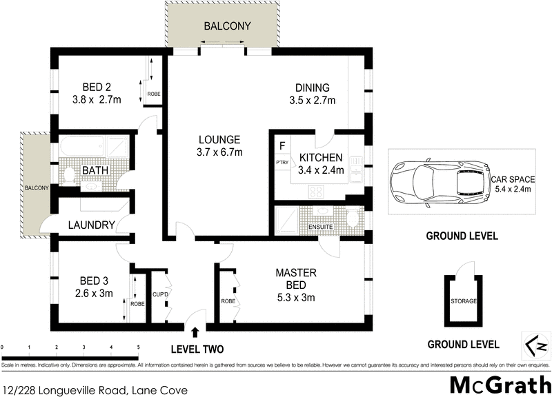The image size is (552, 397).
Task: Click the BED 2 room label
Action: coord(97,88)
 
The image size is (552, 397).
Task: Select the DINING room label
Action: coord(313,88)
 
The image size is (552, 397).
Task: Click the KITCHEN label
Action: coord(321,158)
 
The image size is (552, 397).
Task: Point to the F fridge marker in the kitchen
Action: coord(282,145)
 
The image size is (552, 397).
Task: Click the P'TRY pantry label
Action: coord(281,163)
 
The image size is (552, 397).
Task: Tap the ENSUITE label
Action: coord(321,226)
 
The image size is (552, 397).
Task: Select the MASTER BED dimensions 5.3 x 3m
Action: coord(291,298)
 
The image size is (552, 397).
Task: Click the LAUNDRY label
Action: coord(90,225)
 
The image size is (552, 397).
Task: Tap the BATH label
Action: coord(94,170)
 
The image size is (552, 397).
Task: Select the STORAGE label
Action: coord(462,301)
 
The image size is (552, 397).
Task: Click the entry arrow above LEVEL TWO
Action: coord(195,333)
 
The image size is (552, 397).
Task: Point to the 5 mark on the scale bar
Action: coord(139,347)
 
